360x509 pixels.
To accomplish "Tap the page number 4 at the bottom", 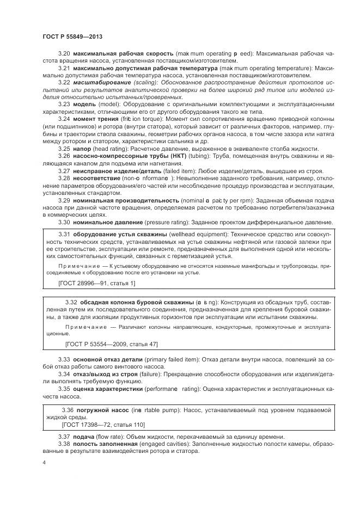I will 44,462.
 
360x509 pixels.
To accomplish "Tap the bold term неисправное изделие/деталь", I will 115,170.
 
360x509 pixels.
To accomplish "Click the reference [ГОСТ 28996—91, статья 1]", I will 96,283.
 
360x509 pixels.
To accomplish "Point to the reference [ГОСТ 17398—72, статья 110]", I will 103,425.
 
